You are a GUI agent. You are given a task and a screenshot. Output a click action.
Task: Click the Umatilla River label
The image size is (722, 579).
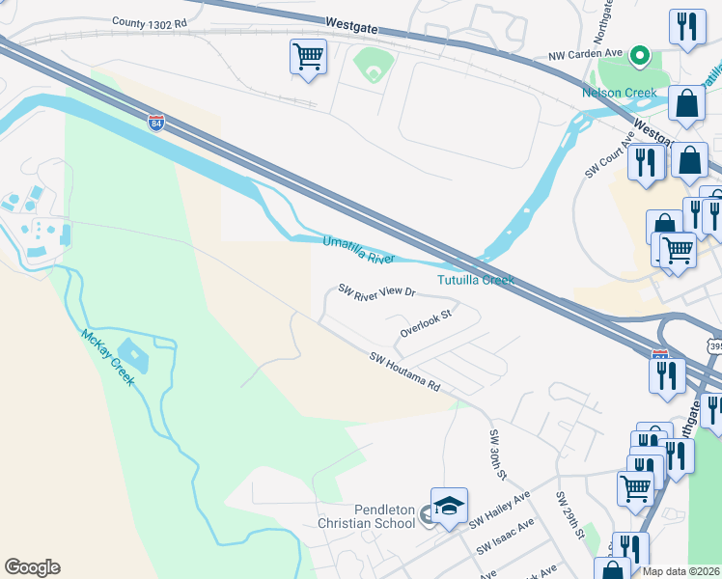point(358,250)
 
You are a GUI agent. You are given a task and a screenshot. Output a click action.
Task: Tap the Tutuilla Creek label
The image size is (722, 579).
point(476,280)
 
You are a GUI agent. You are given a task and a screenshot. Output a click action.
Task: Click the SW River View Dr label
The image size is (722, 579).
point(376,290)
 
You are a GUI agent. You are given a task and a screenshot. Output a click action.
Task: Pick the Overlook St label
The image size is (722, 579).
point(426,323)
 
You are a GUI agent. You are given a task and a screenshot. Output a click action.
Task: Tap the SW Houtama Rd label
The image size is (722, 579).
point(405,372)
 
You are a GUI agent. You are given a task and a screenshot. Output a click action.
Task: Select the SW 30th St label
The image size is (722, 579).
point(497,455)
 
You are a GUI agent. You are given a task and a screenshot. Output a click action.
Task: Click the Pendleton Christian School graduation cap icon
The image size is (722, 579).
point(449,507)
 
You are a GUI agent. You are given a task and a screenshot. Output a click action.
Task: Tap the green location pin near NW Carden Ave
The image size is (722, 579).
point(638,57)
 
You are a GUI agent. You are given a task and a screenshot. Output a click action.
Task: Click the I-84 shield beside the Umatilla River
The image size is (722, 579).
point(156,123)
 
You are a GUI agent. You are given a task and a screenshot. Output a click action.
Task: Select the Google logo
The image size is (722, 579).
point(32,567)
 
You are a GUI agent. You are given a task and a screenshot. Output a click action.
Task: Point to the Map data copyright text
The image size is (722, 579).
point(681,571)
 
